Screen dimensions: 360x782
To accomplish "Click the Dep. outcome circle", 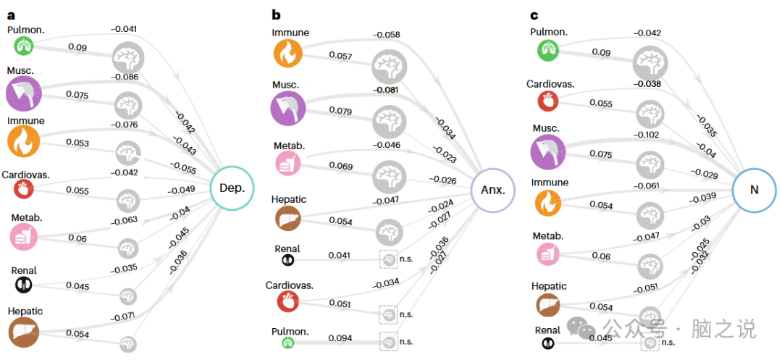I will pyautogui.click(x=232, y=188).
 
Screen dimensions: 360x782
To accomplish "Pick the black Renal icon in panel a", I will pyautogui.click(x=24, y=285).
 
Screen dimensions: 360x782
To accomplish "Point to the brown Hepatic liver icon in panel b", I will pyautogui.click(x=287, y=217).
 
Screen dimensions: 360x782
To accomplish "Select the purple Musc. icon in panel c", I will pyautogui.click(x=548, y=153).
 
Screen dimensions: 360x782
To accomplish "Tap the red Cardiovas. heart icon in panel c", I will pyautogui.click(x=547, y=101).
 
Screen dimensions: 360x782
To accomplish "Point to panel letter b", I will pyautogui.click(x=276, y=14).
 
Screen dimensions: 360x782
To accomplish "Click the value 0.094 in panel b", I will pyautogui.click(x=340, y=338).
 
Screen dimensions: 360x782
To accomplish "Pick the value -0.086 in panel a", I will pyautogui.click(x=124, y=76).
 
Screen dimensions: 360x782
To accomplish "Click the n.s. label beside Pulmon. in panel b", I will pyautogui.click(x=406, y=341).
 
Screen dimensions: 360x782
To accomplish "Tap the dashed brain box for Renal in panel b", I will pyautogui.click(x=390, y=259).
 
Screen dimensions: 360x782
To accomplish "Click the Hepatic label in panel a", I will pyautogui.click(x=25, y=311).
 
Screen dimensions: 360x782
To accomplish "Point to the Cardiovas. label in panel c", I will pyautogui.click(x=550, y=84).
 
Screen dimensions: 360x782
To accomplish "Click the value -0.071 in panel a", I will pyautogui.click(x=124, y=316).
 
